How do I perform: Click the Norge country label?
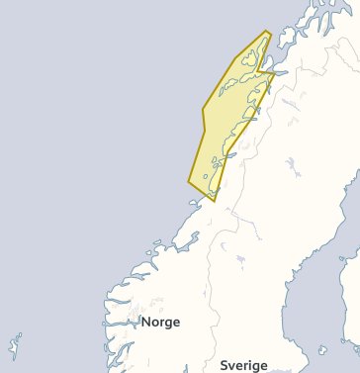point(159,322)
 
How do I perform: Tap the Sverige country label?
point(243,365)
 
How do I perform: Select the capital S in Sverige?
point(224,365)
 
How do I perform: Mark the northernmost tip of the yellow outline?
point(266,32)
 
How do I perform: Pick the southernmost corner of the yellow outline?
point(214,201)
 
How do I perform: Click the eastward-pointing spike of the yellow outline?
point(275,72)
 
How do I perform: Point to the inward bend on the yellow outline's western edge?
point(204,109)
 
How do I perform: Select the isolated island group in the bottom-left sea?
point(14,345)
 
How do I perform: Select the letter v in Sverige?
point(233,366)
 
